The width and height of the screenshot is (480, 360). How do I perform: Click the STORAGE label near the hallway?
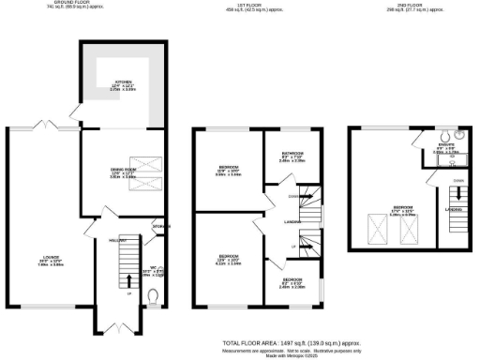click(161, 225)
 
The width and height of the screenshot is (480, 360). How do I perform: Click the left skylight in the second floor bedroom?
click(378, 226)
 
